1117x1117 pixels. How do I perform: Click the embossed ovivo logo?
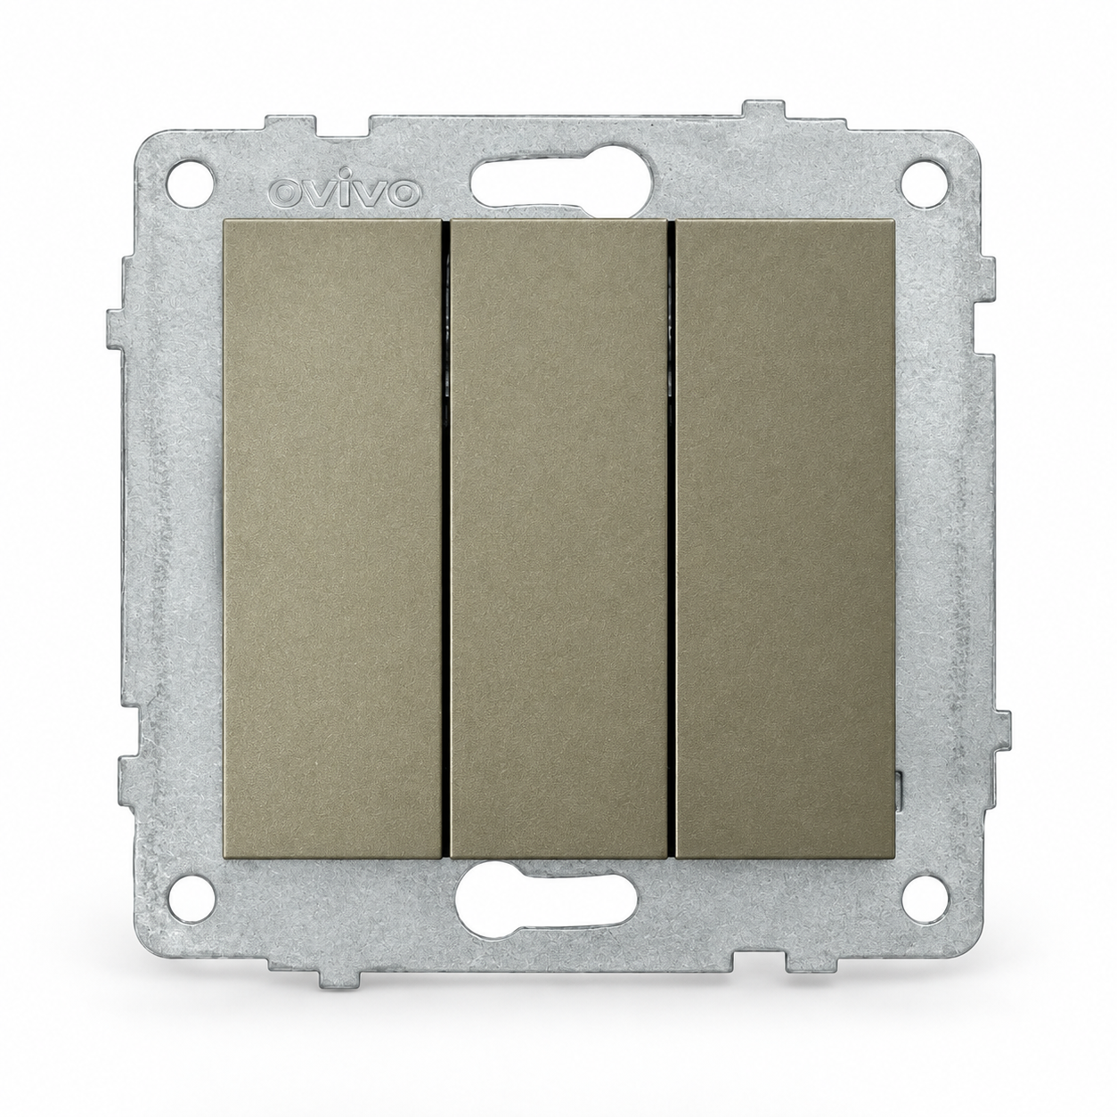point(346,192)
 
